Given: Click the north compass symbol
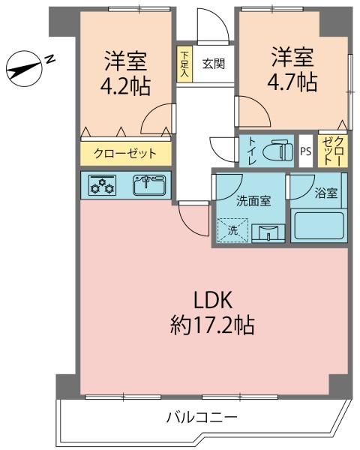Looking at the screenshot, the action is click(x=24, y=69).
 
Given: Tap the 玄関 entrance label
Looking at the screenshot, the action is click(x=214, y=64).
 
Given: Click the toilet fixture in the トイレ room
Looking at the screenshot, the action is click(x=277, y=151).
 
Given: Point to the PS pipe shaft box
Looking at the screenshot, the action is click(x=306, y=151).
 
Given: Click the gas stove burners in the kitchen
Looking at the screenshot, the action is click(x=103, y=185).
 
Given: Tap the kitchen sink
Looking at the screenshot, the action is click(x=149, y=185).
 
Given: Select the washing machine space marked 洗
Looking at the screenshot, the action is click(x=232, y=230).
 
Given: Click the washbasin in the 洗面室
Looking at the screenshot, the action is click(x=268, y=233).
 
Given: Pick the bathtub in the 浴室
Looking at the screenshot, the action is click(x=319, y=225).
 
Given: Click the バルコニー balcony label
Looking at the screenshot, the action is click(x=202, y=417).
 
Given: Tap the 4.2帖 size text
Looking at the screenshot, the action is click(x=125, y=86).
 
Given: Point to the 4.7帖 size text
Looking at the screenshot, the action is click(x=292, y=82).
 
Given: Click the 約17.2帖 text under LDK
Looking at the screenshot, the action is click(x=212, y=325).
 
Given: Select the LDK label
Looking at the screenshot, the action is click(x=213, y=300).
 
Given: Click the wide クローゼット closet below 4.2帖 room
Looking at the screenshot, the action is click(x=126, y=154).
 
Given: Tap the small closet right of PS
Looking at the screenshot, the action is click(x=333, y=151).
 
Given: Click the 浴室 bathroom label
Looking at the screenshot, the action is click(x=325, y=193).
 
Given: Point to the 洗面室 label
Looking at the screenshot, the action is click(x=253, y=201).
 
